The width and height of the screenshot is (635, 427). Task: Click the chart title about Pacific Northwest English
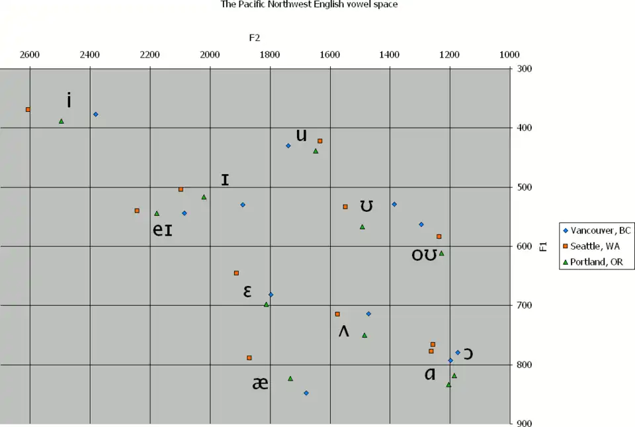coord(309,4)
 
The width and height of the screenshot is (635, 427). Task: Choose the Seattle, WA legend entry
coord(590,246)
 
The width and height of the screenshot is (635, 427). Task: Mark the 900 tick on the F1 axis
coord(525,424)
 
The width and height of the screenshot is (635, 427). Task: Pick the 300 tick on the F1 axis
coord(525,68)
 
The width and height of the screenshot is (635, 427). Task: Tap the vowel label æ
coord(260,383)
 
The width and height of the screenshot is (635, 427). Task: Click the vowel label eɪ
coord(163,230)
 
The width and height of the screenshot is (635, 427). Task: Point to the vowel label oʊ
coord(425,254)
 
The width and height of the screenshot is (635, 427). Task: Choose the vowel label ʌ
coord(344,330)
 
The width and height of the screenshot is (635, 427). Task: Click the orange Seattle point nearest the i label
coord(28,109)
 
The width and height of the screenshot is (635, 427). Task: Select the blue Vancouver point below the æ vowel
coord(306,393)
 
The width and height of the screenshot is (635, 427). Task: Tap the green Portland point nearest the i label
coord(62,121)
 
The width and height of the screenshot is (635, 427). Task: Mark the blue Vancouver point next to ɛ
coord(271,295)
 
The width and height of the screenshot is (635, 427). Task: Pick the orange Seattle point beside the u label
coord(320,141)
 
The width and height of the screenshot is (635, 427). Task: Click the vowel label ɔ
coord(468,354)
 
